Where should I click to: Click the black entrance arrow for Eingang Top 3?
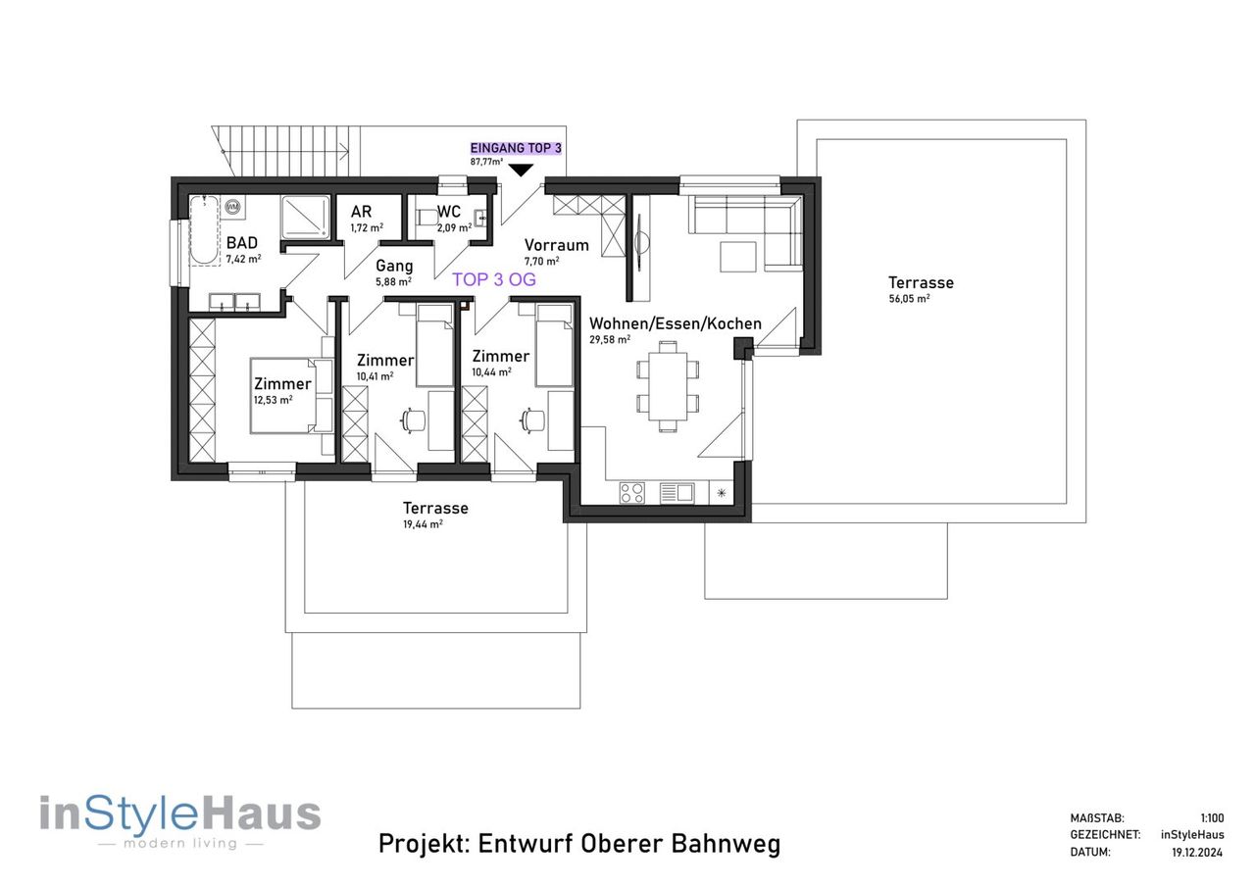[521, 170]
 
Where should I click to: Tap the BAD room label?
[242, 243]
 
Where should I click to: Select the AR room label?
[362, 212]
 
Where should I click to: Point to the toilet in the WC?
[427, 218]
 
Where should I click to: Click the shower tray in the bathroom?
[305, 218]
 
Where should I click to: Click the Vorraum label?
[556, 245]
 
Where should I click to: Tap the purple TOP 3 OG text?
[494, 279]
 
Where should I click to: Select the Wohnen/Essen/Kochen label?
[676, 323]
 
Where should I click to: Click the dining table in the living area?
[668, 386]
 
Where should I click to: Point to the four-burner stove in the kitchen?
[632, 493]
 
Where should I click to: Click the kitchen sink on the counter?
[678, 493]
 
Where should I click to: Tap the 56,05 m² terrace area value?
[909, 299]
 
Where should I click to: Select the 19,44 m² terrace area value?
[423, 524]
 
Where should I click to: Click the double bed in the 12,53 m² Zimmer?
[291, 396]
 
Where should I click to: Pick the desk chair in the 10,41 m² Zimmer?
[413, 420]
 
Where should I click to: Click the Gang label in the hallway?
[394, 266]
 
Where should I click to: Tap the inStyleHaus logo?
[179, 819]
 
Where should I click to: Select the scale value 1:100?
[1213, 818]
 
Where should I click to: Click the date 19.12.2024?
[1198, 852]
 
